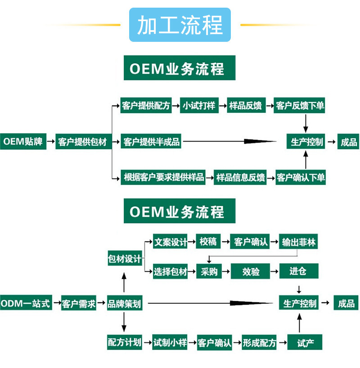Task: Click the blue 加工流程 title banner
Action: [180, 25]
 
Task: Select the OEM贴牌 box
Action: [23, 142]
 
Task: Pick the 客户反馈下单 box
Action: [300, 106]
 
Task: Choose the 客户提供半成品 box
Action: [152, 142]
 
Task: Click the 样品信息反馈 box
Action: [240, 177]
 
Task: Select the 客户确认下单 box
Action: [300, 177]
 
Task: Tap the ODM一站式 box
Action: [25, 304]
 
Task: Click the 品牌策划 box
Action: [124, 304]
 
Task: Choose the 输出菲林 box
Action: [299, 242]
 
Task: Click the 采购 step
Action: [209, 271]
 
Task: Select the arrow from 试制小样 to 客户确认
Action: [193, 343]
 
